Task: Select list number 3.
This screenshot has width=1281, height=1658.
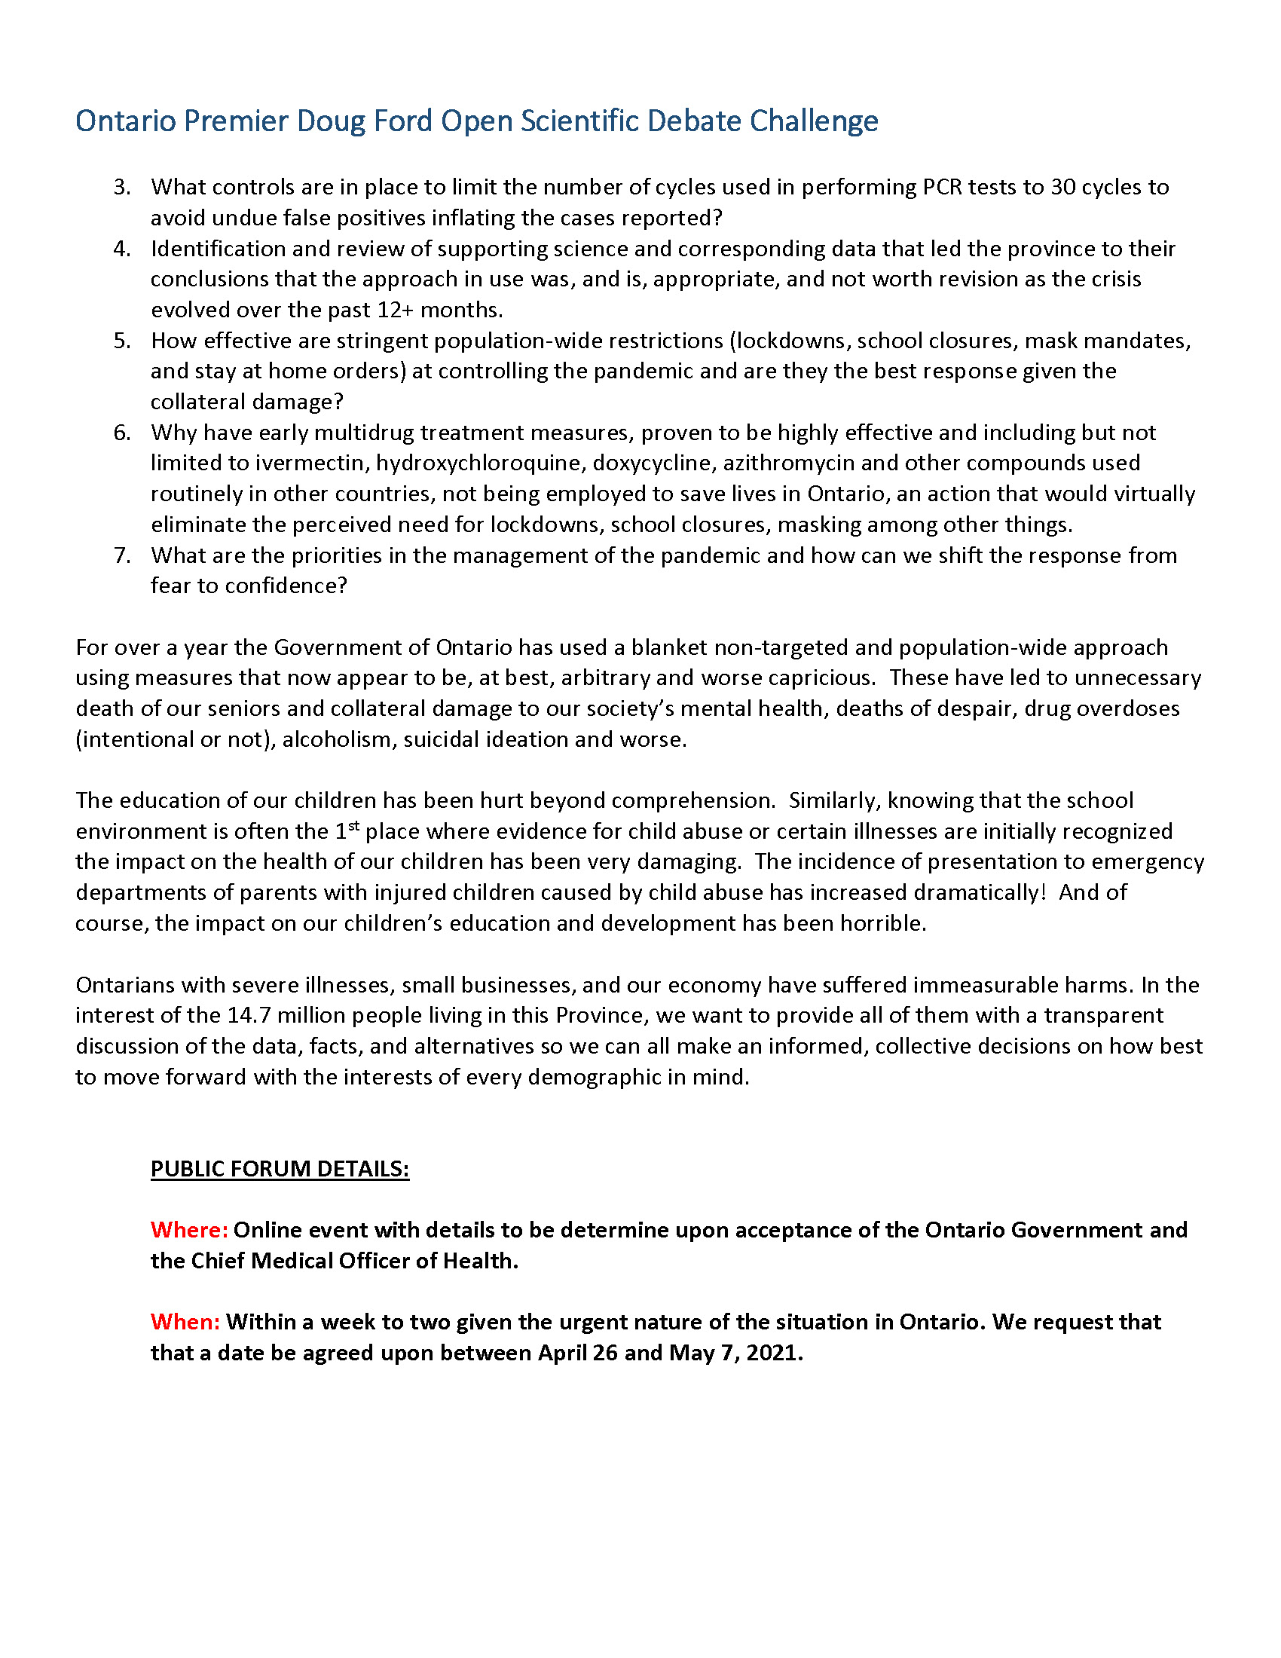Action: coord(122,187)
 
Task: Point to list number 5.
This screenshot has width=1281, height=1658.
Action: coord(122,341)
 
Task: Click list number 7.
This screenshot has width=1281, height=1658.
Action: coord(122,555)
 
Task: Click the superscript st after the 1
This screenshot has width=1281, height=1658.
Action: coord(353,825)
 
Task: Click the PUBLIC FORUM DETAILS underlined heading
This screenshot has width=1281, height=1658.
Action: coord(280,1169)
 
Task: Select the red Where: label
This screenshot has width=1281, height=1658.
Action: coord(189,1230)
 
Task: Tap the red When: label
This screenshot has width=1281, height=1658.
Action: coord(185,1323)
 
